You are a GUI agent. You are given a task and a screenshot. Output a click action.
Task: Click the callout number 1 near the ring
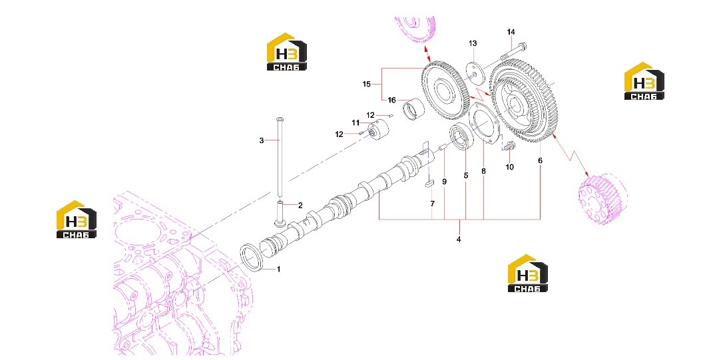coord(278,270)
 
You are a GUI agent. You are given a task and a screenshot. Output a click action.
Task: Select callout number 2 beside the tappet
coord(300,206)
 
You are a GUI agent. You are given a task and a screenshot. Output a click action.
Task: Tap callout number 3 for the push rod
coord(262,140)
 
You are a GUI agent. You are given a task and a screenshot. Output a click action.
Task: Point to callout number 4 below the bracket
coord(459,240)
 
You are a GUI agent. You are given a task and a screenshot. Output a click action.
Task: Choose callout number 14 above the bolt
coord(511,32)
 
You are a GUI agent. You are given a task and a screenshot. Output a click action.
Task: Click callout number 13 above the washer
coord(473,43)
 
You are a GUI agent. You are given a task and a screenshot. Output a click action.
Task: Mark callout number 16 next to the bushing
coord(391,100)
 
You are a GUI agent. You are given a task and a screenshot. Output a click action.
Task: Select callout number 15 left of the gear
coord(366,84)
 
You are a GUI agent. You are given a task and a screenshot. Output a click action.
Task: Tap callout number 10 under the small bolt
coord(509,167)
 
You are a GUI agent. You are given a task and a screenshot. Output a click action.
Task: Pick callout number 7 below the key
coord(432,204)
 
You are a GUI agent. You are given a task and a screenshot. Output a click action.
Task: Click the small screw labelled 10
coord(509,146)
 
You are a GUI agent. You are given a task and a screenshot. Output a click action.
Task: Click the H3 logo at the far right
coord(644,81)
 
